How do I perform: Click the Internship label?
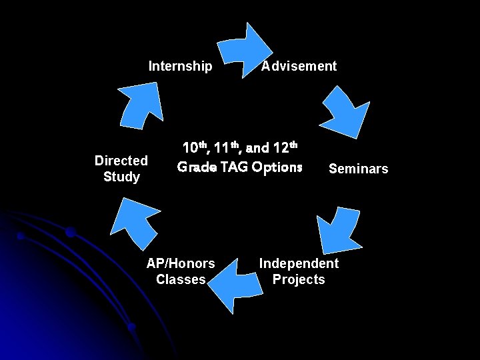tap(180, 66)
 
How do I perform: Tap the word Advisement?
tap(299, 66)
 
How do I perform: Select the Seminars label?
tap(358, 169)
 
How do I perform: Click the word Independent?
tap(299, 263)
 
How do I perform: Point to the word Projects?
tap(299, 279)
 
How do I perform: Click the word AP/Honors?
tap(181, 263)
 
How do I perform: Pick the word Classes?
tap(181, 279)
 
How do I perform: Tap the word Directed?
tap(121, 161)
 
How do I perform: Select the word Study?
tap(121, 177)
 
